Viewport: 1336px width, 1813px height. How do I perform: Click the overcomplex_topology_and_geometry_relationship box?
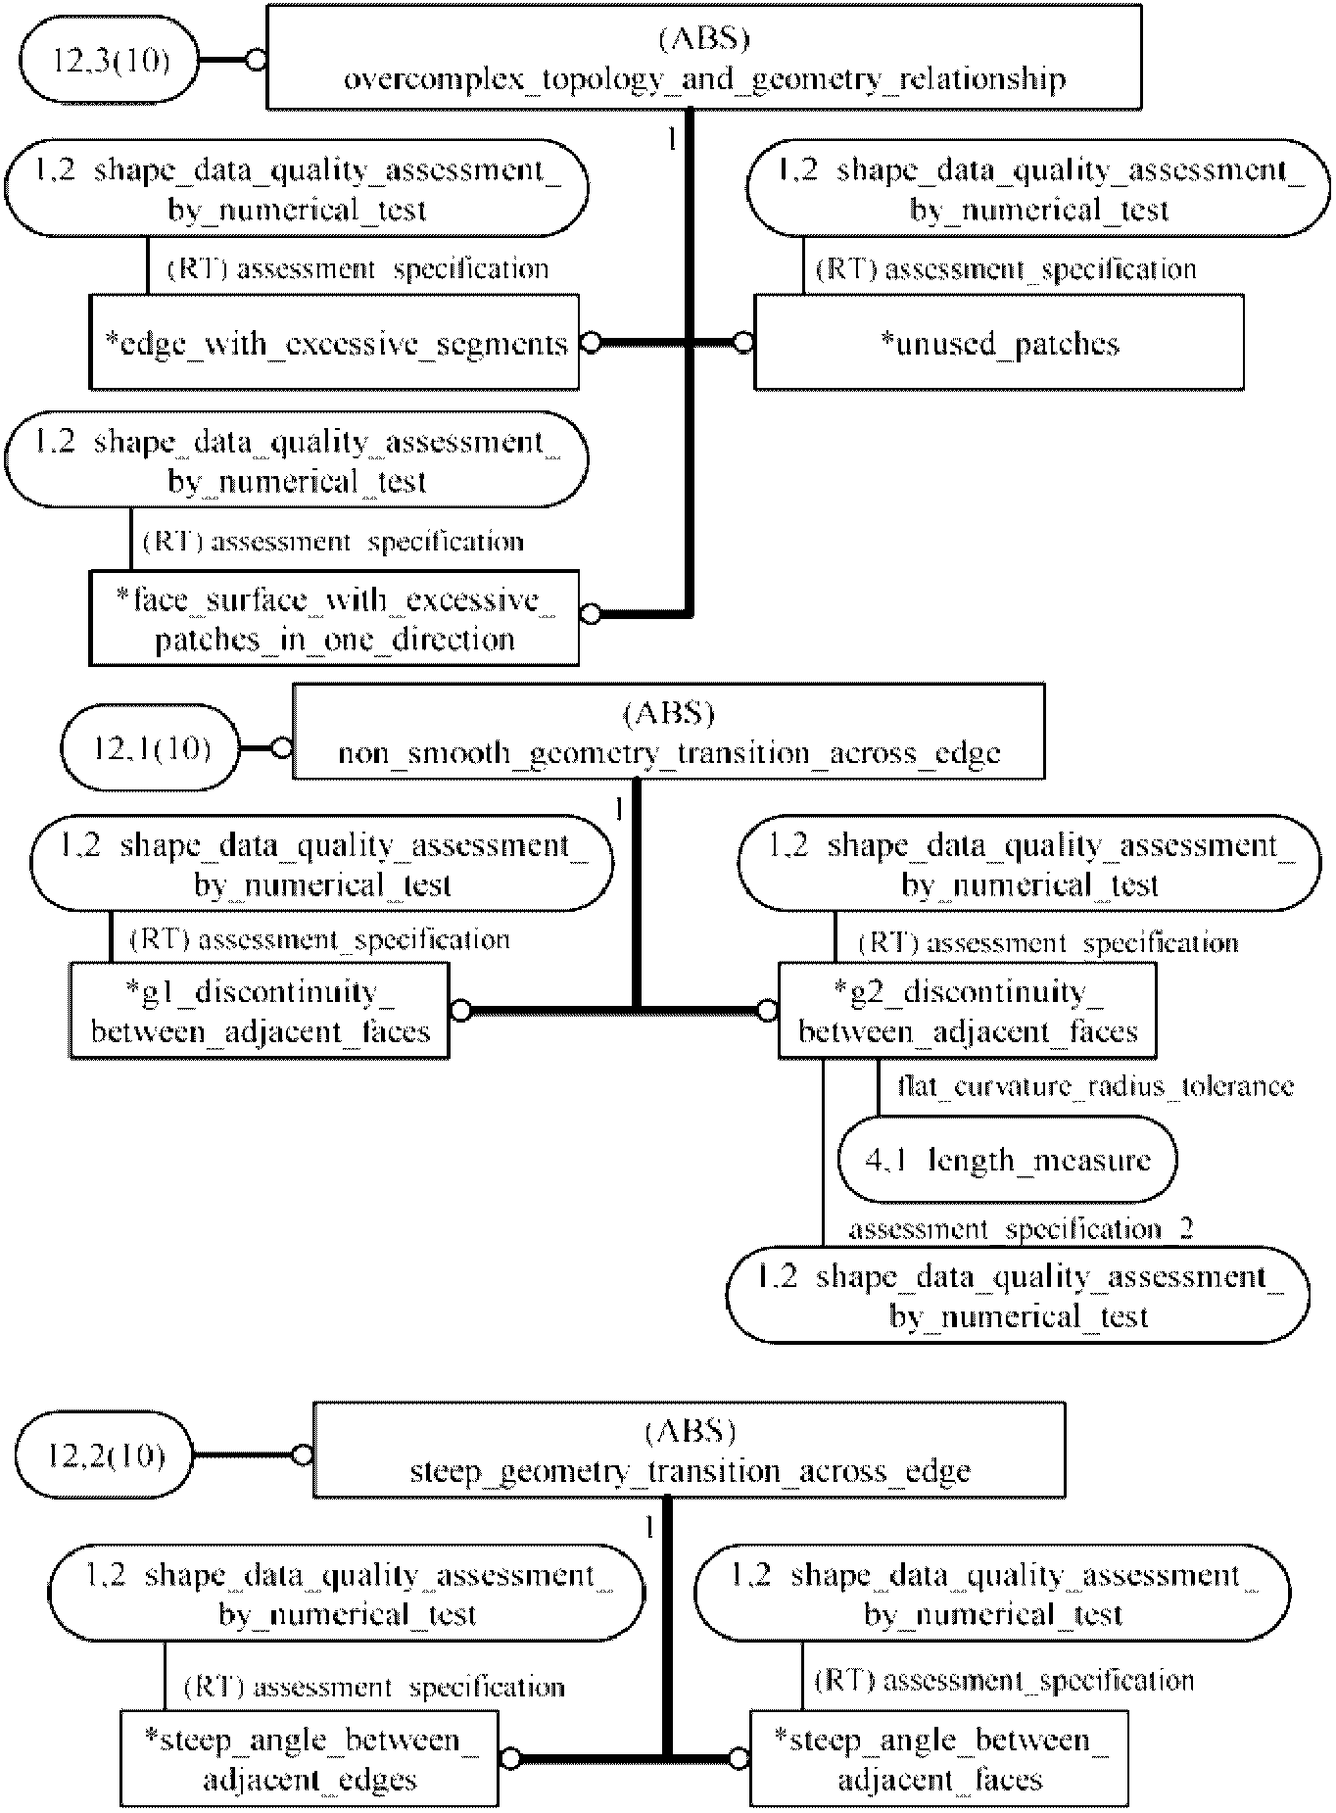tap(704, 56)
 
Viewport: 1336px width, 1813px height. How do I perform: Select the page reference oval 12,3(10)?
tap(109, 61)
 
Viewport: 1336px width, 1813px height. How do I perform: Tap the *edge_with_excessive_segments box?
tap(334, 342)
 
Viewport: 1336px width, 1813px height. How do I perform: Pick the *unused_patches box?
tap(999, 342)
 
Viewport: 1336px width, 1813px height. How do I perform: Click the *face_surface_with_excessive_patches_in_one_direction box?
tap(334, 618)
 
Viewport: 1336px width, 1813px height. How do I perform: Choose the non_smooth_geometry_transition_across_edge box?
tap(669, 732)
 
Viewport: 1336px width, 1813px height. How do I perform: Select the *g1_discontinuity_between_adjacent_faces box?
tap(260, 1010)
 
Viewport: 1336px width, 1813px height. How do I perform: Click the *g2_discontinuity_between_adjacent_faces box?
tap(967, 1010)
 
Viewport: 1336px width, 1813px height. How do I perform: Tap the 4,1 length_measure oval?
tap(1007, 1160)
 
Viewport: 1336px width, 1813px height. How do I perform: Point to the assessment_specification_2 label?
tap(1021, 1228)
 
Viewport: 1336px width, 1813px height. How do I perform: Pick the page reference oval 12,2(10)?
tap(105, 1455)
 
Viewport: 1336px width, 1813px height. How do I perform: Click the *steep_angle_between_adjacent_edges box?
tap(309, 1758)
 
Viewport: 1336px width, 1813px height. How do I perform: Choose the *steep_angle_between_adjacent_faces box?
tap(939, 1758)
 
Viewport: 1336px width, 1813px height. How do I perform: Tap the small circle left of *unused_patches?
tap(743, 343)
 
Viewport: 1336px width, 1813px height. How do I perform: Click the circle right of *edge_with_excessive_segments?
tap(590, 343)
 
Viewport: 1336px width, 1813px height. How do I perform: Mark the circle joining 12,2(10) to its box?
tap(303, 1455)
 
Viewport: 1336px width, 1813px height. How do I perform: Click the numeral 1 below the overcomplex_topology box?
tap(672, 140)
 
